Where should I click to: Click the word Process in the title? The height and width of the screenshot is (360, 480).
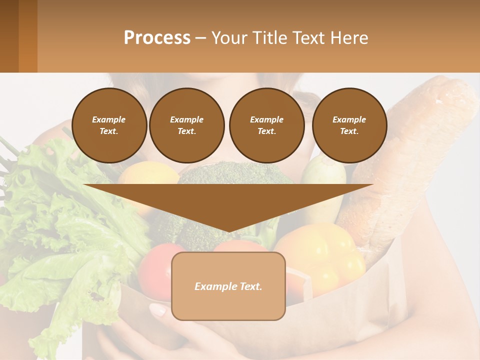pos(157,38)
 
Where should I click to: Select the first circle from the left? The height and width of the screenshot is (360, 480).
pos(109,125)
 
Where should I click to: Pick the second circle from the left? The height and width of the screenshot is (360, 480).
pos(186,125)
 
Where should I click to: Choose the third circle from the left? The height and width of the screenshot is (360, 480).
pos(266,125)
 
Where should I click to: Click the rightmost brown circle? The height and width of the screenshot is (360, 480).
pos(349,125)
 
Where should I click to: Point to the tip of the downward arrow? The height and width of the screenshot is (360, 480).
pos(228,231)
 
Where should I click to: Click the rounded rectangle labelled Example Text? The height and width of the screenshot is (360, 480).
pos(228,286)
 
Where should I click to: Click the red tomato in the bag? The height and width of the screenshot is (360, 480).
pos(155,270)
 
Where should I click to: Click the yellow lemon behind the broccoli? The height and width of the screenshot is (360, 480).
pos(147,175)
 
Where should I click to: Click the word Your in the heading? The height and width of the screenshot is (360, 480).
pos(231,38)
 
